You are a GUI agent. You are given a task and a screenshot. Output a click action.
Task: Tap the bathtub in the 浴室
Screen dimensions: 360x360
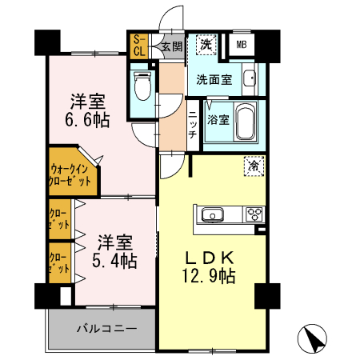tap(243, 122)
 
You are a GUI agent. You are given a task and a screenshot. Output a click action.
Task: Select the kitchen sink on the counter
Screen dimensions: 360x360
tap(214, 214)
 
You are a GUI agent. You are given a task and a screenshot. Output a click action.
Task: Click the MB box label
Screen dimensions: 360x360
tap(242, 44)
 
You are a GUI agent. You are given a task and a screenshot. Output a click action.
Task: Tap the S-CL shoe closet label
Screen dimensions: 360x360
tap(138, 46)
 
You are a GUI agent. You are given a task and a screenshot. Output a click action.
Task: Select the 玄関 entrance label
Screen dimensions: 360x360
tap(170, 46)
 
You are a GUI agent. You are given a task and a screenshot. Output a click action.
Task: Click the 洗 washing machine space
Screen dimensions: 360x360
tap(206, 45)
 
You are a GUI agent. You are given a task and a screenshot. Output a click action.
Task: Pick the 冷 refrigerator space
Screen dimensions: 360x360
tap(253, 166)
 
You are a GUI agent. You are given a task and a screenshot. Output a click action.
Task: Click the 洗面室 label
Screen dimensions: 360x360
tap(214, 80)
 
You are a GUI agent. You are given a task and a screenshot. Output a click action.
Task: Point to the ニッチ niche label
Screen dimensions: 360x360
tap(193, 125)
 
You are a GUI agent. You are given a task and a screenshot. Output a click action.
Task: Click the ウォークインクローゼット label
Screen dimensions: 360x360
tap(70, 174)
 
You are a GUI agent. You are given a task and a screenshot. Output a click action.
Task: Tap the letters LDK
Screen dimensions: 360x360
tap(210, 258)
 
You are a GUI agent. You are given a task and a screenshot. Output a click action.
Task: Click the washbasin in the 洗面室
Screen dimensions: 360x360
tap(249, 80)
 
